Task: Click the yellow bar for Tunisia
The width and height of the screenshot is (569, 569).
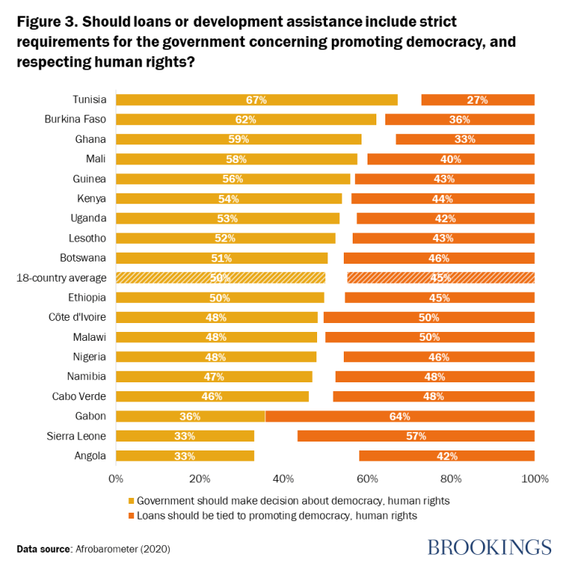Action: click(256, 100)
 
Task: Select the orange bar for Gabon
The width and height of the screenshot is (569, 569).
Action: click(400, 416)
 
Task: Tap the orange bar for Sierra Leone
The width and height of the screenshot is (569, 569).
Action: click(416, 436)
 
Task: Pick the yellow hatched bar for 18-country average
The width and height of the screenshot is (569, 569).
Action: click(221, 278)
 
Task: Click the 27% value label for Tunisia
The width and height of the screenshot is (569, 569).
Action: click(477, 100)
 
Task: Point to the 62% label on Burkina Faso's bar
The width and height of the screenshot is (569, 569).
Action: click(246, 120)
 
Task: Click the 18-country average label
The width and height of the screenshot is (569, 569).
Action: click(61, 278)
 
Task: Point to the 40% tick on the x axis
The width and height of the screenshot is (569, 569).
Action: click(284, 479)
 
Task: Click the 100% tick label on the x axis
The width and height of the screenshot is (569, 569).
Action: click(534, 479)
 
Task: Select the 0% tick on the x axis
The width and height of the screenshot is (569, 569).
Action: click(116, 479)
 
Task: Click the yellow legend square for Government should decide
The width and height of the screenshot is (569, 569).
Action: click(132, 501)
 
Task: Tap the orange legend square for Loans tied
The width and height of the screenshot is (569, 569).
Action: click(132, 516)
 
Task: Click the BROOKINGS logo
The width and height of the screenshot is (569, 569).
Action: click(490, 548)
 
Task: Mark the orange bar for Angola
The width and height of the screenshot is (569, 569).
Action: click(447, 456)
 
